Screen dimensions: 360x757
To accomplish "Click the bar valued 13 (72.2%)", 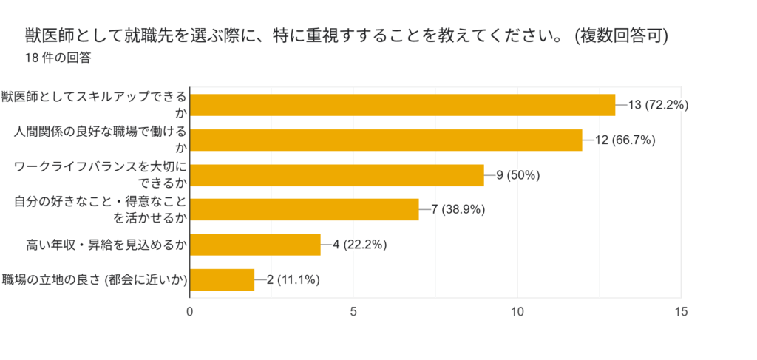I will (403, 105).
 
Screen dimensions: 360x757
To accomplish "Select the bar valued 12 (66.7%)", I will (386, 140).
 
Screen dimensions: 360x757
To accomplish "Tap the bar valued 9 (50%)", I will (337, 175).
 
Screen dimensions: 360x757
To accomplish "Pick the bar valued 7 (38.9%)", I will (305, 210).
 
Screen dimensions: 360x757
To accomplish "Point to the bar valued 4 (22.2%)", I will (256, 245).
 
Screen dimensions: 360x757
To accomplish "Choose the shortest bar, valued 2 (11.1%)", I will (223, 279).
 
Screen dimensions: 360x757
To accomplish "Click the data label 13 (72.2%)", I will (658, 105).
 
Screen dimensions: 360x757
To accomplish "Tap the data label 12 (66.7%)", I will (625, 140).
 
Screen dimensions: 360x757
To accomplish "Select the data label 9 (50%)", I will (519, 175).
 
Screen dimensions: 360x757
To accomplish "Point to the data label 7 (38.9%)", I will (458, 210).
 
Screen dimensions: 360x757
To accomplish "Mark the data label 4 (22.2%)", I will (360, 245).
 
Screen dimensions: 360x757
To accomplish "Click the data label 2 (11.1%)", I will (293, 279).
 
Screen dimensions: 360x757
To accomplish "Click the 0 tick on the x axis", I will (190, 312).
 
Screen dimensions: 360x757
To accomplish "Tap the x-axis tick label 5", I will (353, 312).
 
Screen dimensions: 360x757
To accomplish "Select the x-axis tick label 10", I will (517, 312).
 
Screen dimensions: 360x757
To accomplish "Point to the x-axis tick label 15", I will (681, 312).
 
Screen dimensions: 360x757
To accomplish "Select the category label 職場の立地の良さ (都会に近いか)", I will (93, 279).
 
